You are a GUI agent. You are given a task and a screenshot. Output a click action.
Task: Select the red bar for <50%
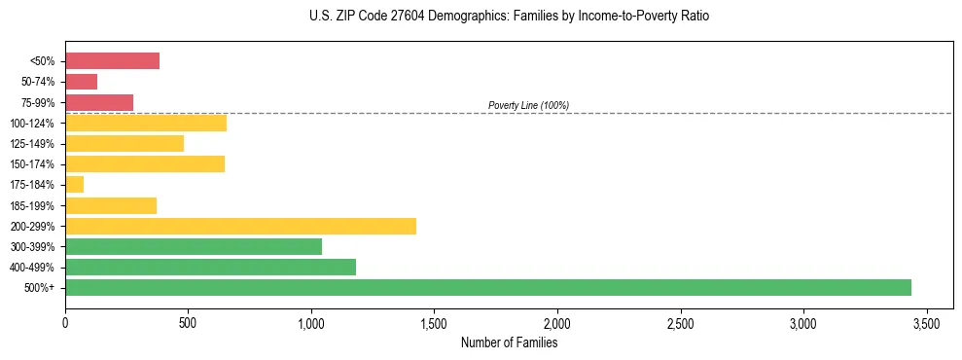tap(112, 60)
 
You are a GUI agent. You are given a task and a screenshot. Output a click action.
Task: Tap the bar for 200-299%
tap(240, 226)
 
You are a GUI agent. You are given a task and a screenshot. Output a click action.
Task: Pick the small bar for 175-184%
tap(74, 184)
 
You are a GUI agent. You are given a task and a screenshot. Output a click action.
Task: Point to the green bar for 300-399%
tap(194, 246)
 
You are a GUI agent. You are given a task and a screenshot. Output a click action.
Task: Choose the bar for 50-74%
tap(81, 81)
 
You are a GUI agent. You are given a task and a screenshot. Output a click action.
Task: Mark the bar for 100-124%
tap(146, 123)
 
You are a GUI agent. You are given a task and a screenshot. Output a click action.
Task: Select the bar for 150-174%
tap(145, 163)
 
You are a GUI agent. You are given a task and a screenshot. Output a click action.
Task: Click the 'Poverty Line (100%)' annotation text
tap(528, 105)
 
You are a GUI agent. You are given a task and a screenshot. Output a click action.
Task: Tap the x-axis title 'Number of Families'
tap(509, 342)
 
